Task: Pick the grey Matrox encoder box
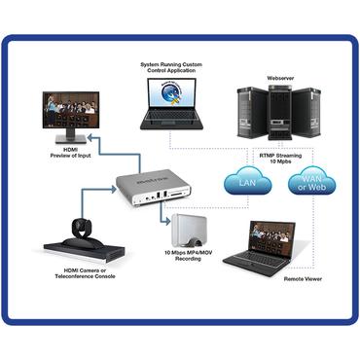click(x=154, y=186)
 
